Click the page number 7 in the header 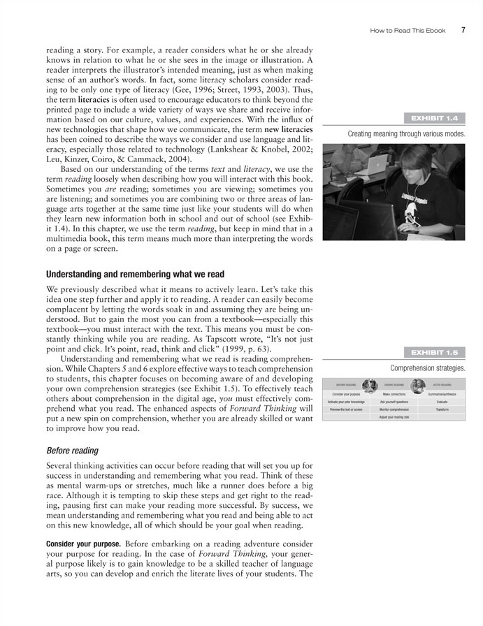click(x=463, y=30)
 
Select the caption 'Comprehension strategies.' click(x=427, y=367)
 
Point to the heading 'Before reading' click(x=72, y=451)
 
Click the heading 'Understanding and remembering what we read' click(x=135, y=273)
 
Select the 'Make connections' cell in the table click(x=394, y=394)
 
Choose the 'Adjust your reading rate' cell click(x=394, y=416)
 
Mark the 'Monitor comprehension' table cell click(x=394, y=409)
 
